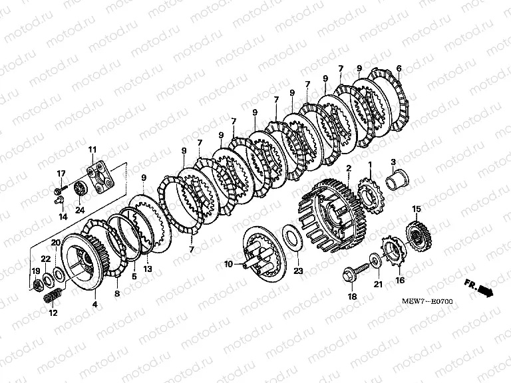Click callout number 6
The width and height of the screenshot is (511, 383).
click(399, 68)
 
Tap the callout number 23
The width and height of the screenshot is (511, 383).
click(298, 271)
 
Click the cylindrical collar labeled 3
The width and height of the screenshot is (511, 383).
click(397, 181)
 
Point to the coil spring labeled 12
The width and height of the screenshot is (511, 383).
click(53, 295)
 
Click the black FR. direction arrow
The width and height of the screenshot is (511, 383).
click(486, 290)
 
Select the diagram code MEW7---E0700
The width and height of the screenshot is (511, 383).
click(427, 301)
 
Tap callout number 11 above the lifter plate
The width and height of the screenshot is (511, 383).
click(92, 150)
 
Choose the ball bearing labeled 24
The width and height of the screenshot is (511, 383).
click(80, 189)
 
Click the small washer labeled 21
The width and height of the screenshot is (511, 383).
click(375, 259)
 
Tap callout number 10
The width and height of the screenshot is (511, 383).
click(228, 264)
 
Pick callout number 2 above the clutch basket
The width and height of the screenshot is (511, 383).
click(349, 168)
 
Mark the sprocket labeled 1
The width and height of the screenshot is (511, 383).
click(371, 195)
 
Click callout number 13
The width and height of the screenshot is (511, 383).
click(148, 269)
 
